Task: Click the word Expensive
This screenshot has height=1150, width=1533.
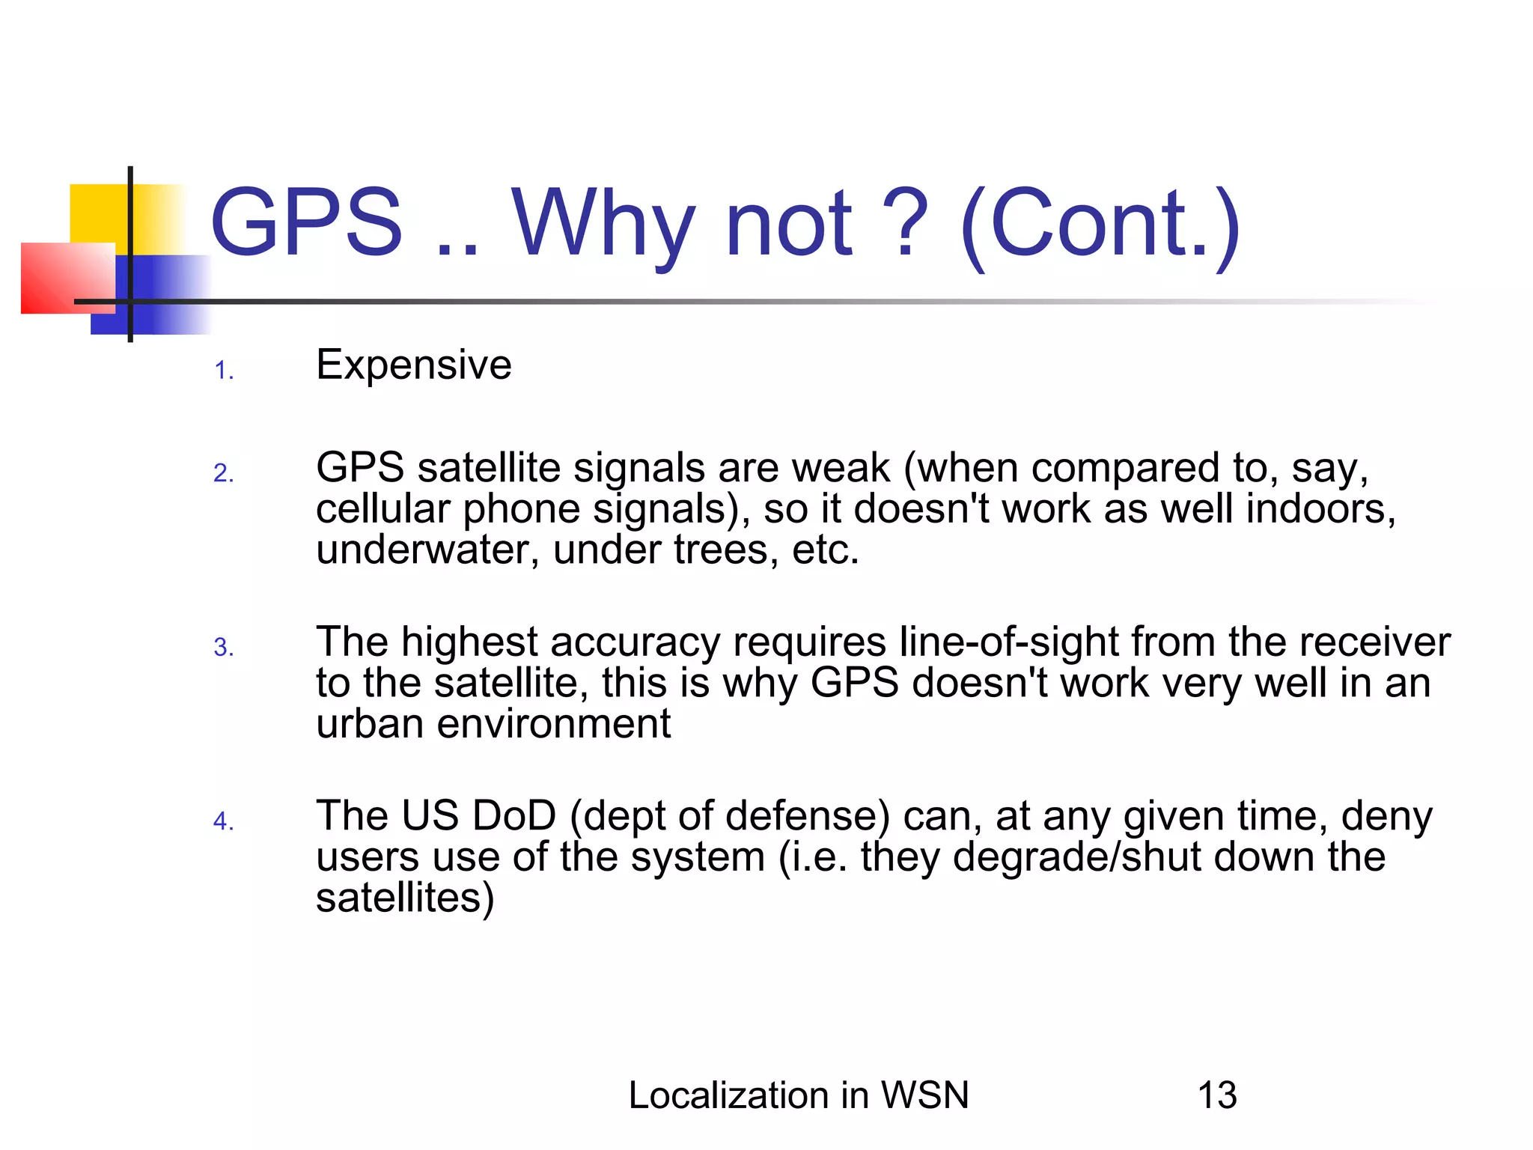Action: coord(413,365)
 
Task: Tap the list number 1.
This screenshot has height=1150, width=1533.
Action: coord(224,371)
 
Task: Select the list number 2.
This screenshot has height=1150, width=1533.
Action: coord(223,473)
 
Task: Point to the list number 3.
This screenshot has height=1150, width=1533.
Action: coord(223,648)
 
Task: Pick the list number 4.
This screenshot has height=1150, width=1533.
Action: coord(223,821)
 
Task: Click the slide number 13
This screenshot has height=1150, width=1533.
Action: coord(1216,1095)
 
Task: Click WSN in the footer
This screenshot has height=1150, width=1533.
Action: coord(925,1095)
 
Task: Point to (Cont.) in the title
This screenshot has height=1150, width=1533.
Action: coord(1100,224)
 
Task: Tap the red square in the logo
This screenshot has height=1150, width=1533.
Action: coord(67,278)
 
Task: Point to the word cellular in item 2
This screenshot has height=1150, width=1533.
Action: coord(383,509)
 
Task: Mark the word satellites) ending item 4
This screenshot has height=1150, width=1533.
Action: coord(405,898)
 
